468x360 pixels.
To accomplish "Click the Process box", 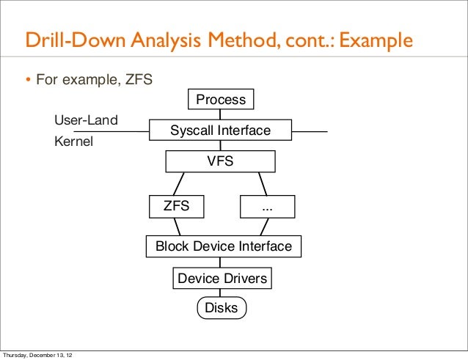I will pos(221,99).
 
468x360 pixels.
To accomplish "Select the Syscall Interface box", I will pos(220,131).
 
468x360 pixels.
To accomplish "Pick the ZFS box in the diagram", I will pos(176,207).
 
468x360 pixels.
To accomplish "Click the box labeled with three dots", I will pos(267,207).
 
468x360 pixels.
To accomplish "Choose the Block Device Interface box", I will pos(223,247).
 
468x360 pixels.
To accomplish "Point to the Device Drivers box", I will pos(222,279).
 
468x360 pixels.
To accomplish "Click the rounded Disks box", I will pos(221,308).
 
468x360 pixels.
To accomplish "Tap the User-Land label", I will pos(86,120).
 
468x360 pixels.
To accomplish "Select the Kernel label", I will pos(73,142).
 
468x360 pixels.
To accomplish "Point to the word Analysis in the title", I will pos(168,42).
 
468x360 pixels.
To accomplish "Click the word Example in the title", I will pos(375,42).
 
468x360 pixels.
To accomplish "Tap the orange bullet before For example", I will pos(29,79).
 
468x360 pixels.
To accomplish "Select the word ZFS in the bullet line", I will pos(136,78).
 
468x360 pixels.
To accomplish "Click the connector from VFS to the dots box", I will pos(262,184).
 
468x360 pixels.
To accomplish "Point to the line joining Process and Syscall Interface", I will pos(221,114).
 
